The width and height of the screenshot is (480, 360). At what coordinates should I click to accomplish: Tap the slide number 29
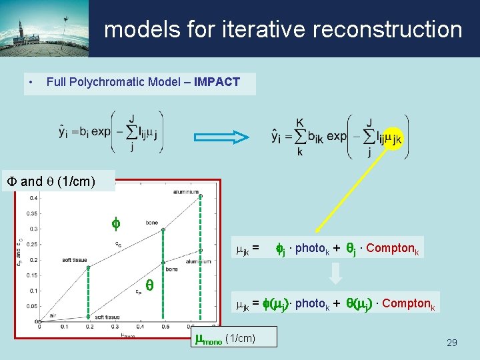pyautogui.click(x=451, y=343)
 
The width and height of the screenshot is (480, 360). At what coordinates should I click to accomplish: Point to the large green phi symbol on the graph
pyautogui.click(x=114, y=222)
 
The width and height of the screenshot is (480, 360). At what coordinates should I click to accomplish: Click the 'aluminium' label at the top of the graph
pyautogui.click(x=185, y=191)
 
